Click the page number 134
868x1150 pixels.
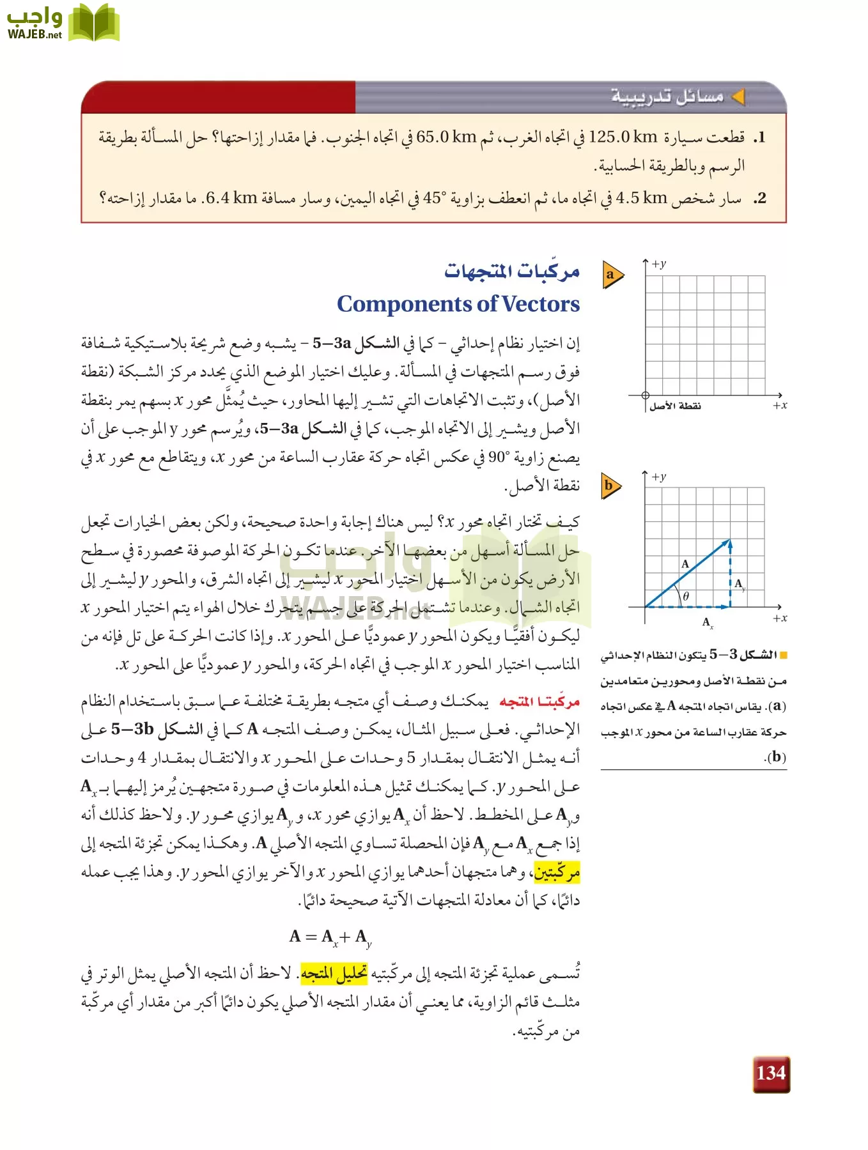coord(771,1073)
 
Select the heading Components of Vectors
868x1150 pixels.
coord(458,304)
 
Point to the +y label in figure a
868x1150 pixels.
coord(659,264)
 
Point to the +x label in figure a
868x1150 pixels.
coord(780,405)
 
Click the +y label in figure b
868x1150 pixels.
coord(659,477)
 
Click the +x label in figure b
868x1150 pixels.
coord(780,618)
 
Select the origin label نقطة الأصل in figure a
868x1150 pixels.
coord(675,406)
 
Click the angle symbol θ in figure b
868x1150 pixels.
coord(686,596)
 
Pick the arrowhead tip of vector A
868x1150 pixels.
coord(729,541)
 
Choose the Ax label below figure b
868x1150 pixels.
coord(708,622)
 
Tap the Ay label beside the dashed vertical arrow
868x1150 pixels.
coord(740,584)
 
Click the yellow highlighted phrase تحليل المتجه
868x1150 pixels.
coord(334,974)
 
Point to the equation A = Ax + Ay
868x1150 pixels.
coord(330,937)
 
